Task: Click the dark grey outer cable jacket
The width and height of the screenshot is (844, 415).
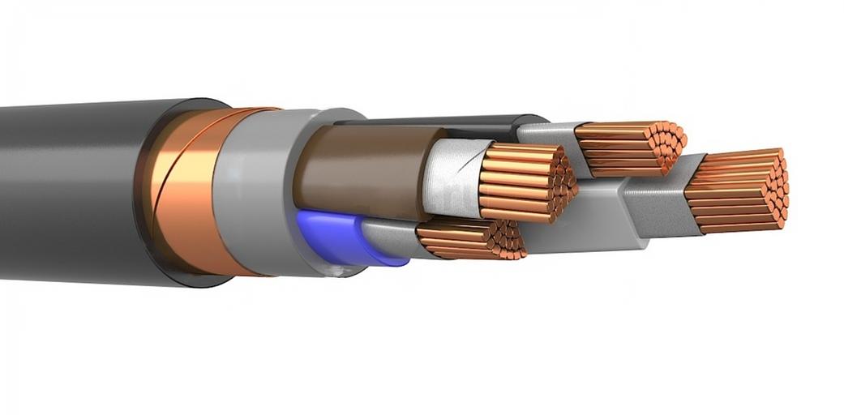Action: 73,190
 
